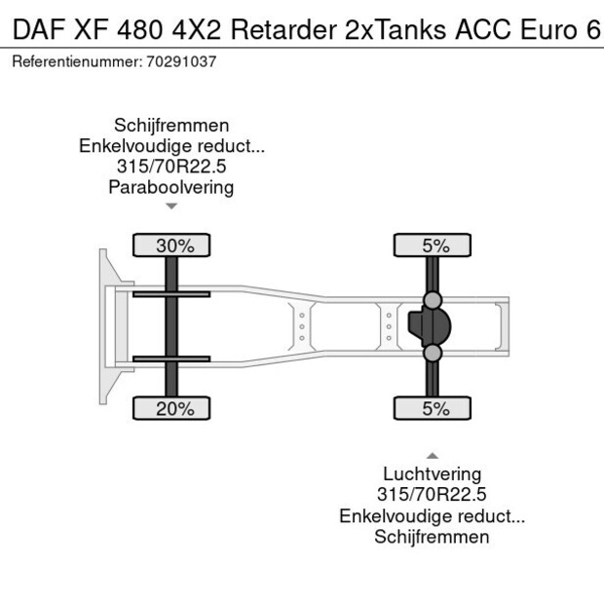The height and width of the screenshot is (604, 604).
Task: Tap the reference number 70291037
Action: pyautogui.click(x=181, y=60)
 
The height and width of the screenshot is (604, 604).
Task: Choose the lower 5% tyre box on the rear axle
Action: pyautogui.click(x=434, y=409)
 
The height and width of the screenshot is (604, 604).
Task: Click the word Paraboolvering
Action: pyautogui.click(x=171, y=187)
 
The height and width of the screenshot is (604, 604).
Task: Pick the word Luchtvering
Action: pyautogui.click(x=432, y=474)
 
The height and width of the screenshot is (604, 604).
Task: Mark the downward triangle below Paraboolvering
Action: pyautogui.click(x=171, y=207)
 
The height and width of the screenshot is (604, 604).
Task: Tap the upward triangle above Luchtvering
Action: pyautogui.click(x=432, y=455)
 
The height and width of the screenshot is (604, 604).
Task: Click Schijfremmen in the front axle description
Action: pyautogui.click(x=171, y=126)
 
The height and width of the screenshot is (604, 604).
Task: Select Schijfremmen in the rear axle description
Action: pyautogui.click(x=432, y=537)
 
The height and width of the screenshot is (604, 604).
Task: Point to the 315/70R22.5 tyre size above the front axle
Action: pyautogui.click(x=171, y=167)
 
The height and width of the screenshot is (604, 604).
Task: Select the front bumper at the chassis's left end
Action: pyautogui.click(x=104, y=326)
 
